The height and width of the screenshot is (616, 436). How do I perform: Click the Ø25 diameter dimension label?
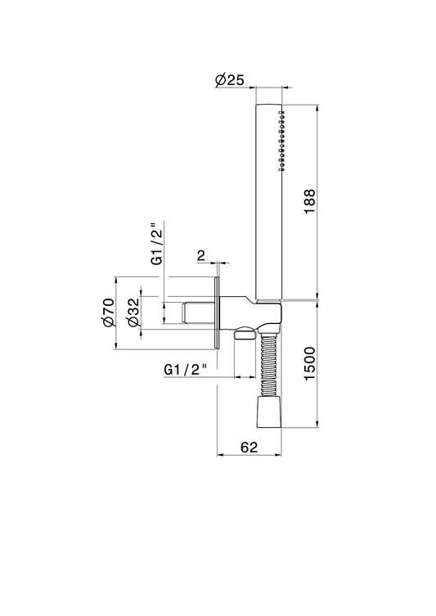coord(230,79)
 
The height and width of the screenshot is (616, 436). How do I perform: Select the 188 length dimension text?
coord(310,201)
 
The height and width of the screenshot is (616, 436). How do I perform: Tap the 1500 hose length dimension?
coord(310,364)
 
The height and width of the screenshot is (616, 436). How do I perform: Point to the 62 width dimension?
coord(249,447)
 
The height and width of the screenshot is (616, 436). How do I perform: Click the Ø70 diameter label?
coord(108,312)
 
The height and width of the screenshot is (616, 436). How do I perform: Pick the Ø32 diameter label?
coord(133,312)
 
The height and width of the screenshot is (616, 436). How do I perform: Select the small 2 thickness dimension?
coord(201,256)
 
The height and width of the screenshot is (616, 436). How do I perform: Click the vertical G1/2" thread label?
coord(157,244)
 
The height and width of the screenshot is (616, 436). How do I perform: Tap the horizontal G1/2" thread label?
coord(186,370)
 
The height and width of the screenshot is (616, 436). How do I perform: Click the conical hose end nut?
coord(269,411)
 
